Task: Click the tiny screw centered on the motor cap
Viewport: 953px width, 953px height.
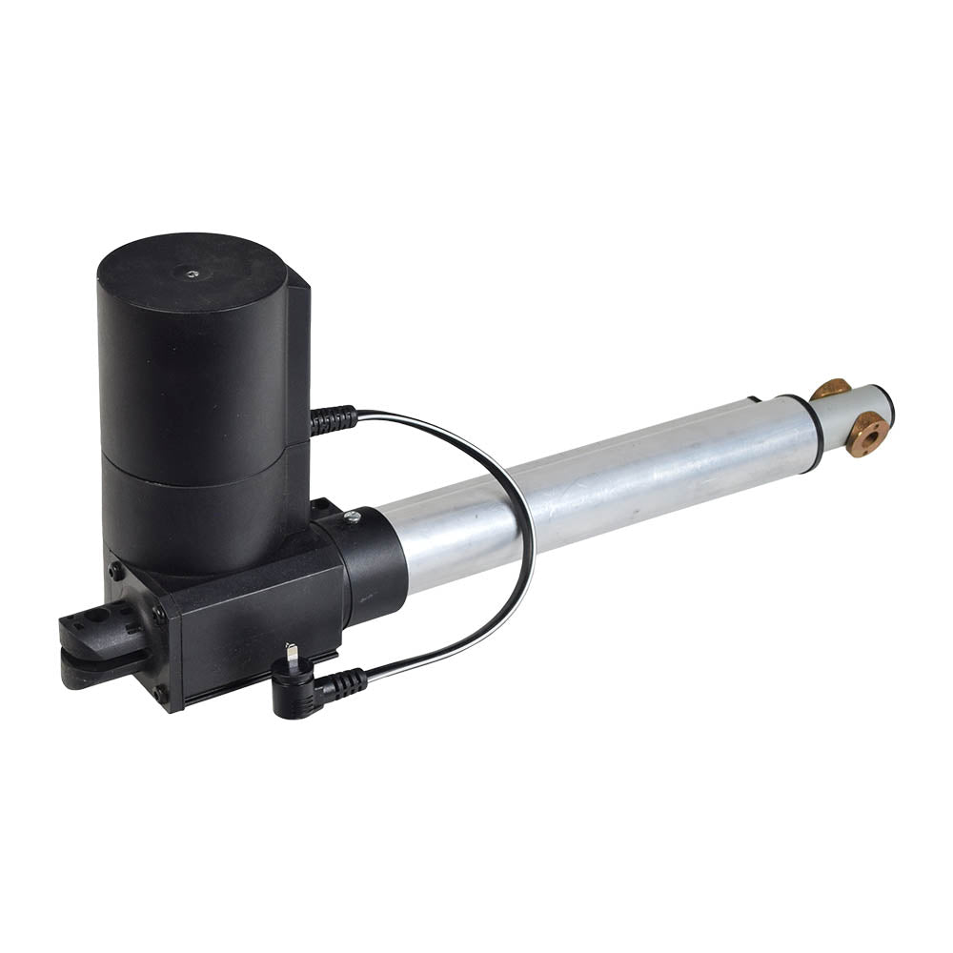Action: [x=193, y=274]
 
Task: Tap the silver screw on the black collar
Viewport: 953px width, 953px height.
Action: [x=353, y=517]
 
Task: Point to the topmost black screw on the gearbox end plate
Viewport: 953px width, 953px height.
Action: [x=116, y=572]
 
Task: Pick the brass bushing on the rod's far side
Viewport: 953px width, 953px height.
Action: [x=830, y=389]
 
